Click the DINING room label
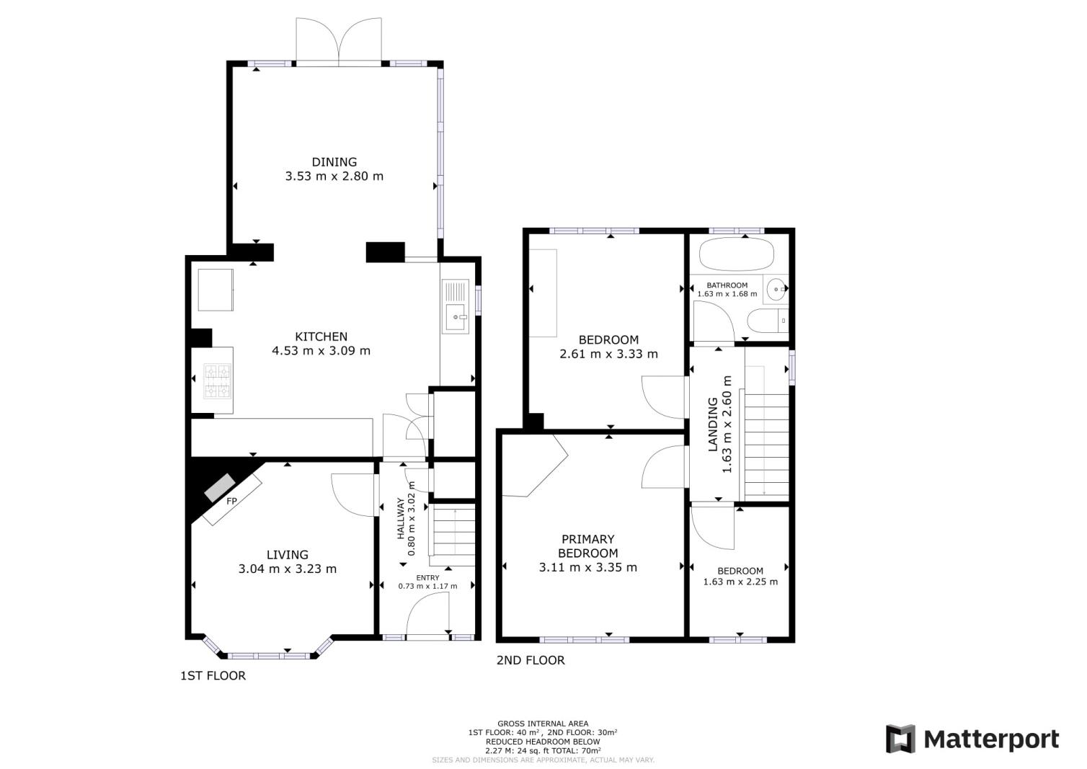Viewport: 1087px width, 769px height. click(334, 162)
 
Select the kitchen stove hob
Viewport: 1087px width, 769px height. click(218, 381)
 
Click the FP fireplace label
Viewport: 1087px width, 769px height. click(232, 501)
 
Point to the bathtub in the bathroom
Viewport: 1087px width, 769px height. click(737, 254)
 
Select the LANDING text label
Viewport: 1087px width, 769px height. click(713, 424)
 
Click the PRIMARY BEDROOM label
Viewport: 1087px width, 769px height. click(588, 546)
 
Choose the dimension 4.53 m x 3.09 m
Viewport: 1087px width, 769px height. click(321, 351)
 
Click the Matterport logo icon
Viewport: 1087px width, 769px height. click(900, 739)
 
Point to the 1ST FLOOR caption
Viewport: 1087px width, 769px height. click(213, 676)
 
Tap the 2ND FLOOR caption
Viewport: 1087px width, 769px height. click(531, 660)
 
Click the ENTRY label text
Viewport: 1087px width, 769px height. click(427, 578)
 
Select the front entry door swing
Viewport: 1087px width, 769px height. click(428, 618)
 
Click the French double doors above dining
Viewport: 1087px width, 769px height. click(340, 42)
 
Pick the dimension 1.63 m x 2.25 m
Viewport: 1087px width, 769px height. click(740, 582)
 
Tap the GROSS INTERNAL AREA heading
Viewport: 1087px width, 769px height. click(542, 724)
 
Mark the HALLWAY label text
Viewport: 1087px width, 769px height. click(401, 520)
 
